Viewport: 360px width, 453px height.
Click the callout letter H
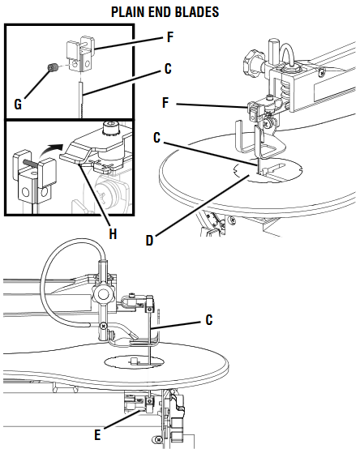(x=113, y=233)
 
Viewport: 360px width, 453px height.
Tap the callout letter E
(x=97, y=434)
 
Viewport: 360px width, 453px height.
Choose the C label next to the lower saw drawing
(x=208, y=319)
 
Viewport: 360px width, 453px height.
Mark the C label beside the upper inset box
(x=168, y=69)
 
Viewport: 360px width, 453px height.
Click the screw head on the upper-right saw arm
(x=322, y=73)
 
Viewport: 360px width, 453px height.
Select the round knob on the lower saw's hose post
(x=101, y=292)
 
